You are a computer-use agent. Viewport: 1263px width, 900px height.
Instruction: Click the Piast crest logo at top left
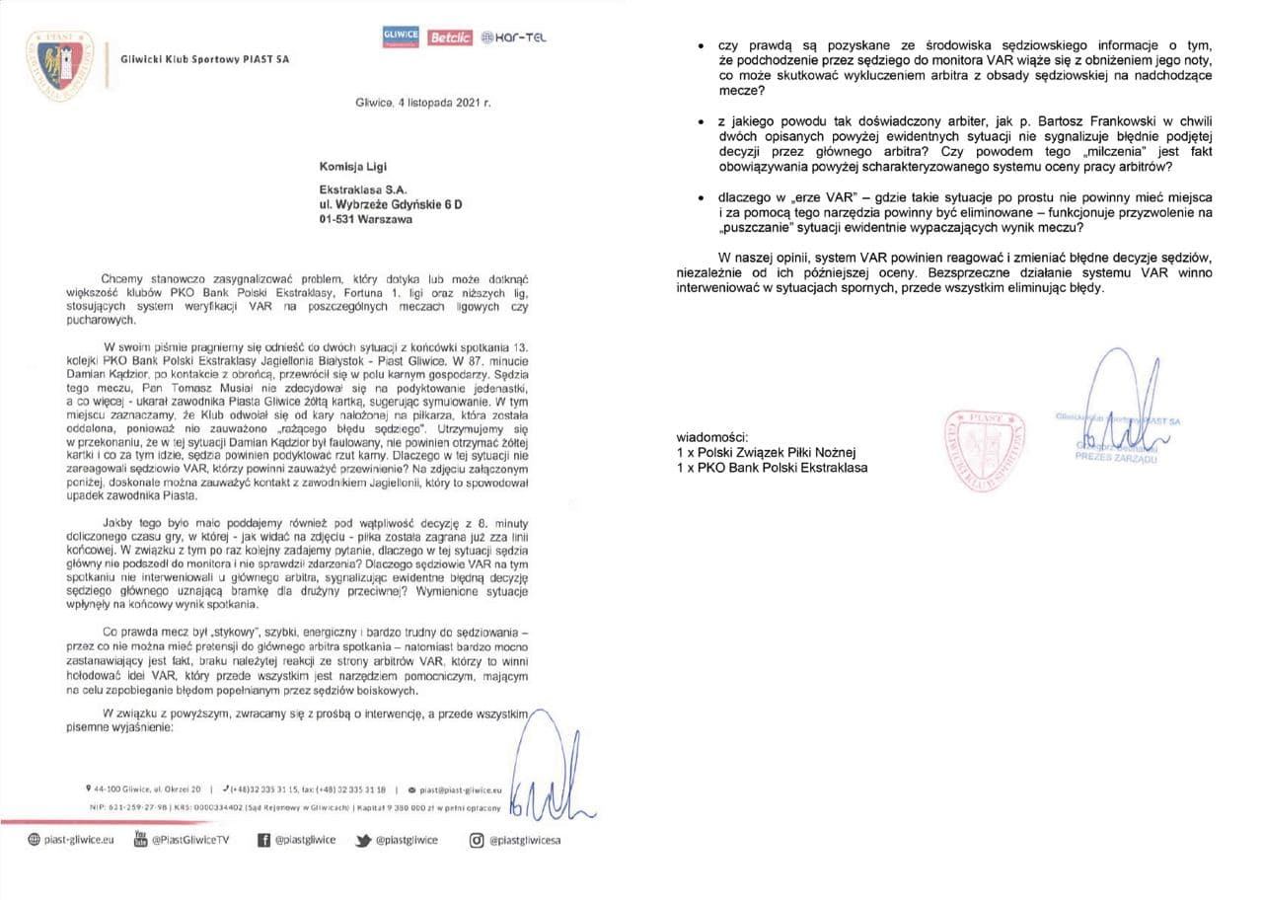pyautogui.click(x=59, y=64)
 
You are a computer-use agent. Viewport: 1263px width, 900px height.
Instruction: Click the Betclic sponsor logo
pyautogui.click(x=450, y=37)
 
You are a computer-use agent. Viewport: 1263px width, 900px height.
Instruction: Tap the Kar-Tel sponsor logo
pyautogui.click(x=514, y=37)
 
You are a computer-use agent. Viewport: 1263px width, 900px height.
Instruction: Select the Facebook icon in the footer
pyautogui.click(x=263, y=840)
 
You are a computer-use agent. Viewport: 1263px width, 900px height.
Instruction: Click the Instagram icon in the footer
pyautogui.click(x=477, y=840)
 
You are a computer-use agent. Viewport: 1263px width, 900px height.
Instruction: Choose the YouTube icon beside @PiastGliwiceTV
pyautogui.click(x=139, y=840)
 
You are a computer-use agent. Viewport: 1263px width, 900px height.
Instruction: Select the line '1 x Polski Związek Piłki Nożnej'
pyautogui.click(x=767, y=452)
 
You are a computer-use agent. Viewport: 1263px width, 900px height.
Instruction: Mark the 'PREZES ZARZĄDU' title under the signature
pyautogui.click(x=1121, y=457)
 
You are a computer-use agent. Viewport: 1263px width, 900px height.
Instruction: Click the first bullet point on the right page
pyautogui.click(x=701, y=47)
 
